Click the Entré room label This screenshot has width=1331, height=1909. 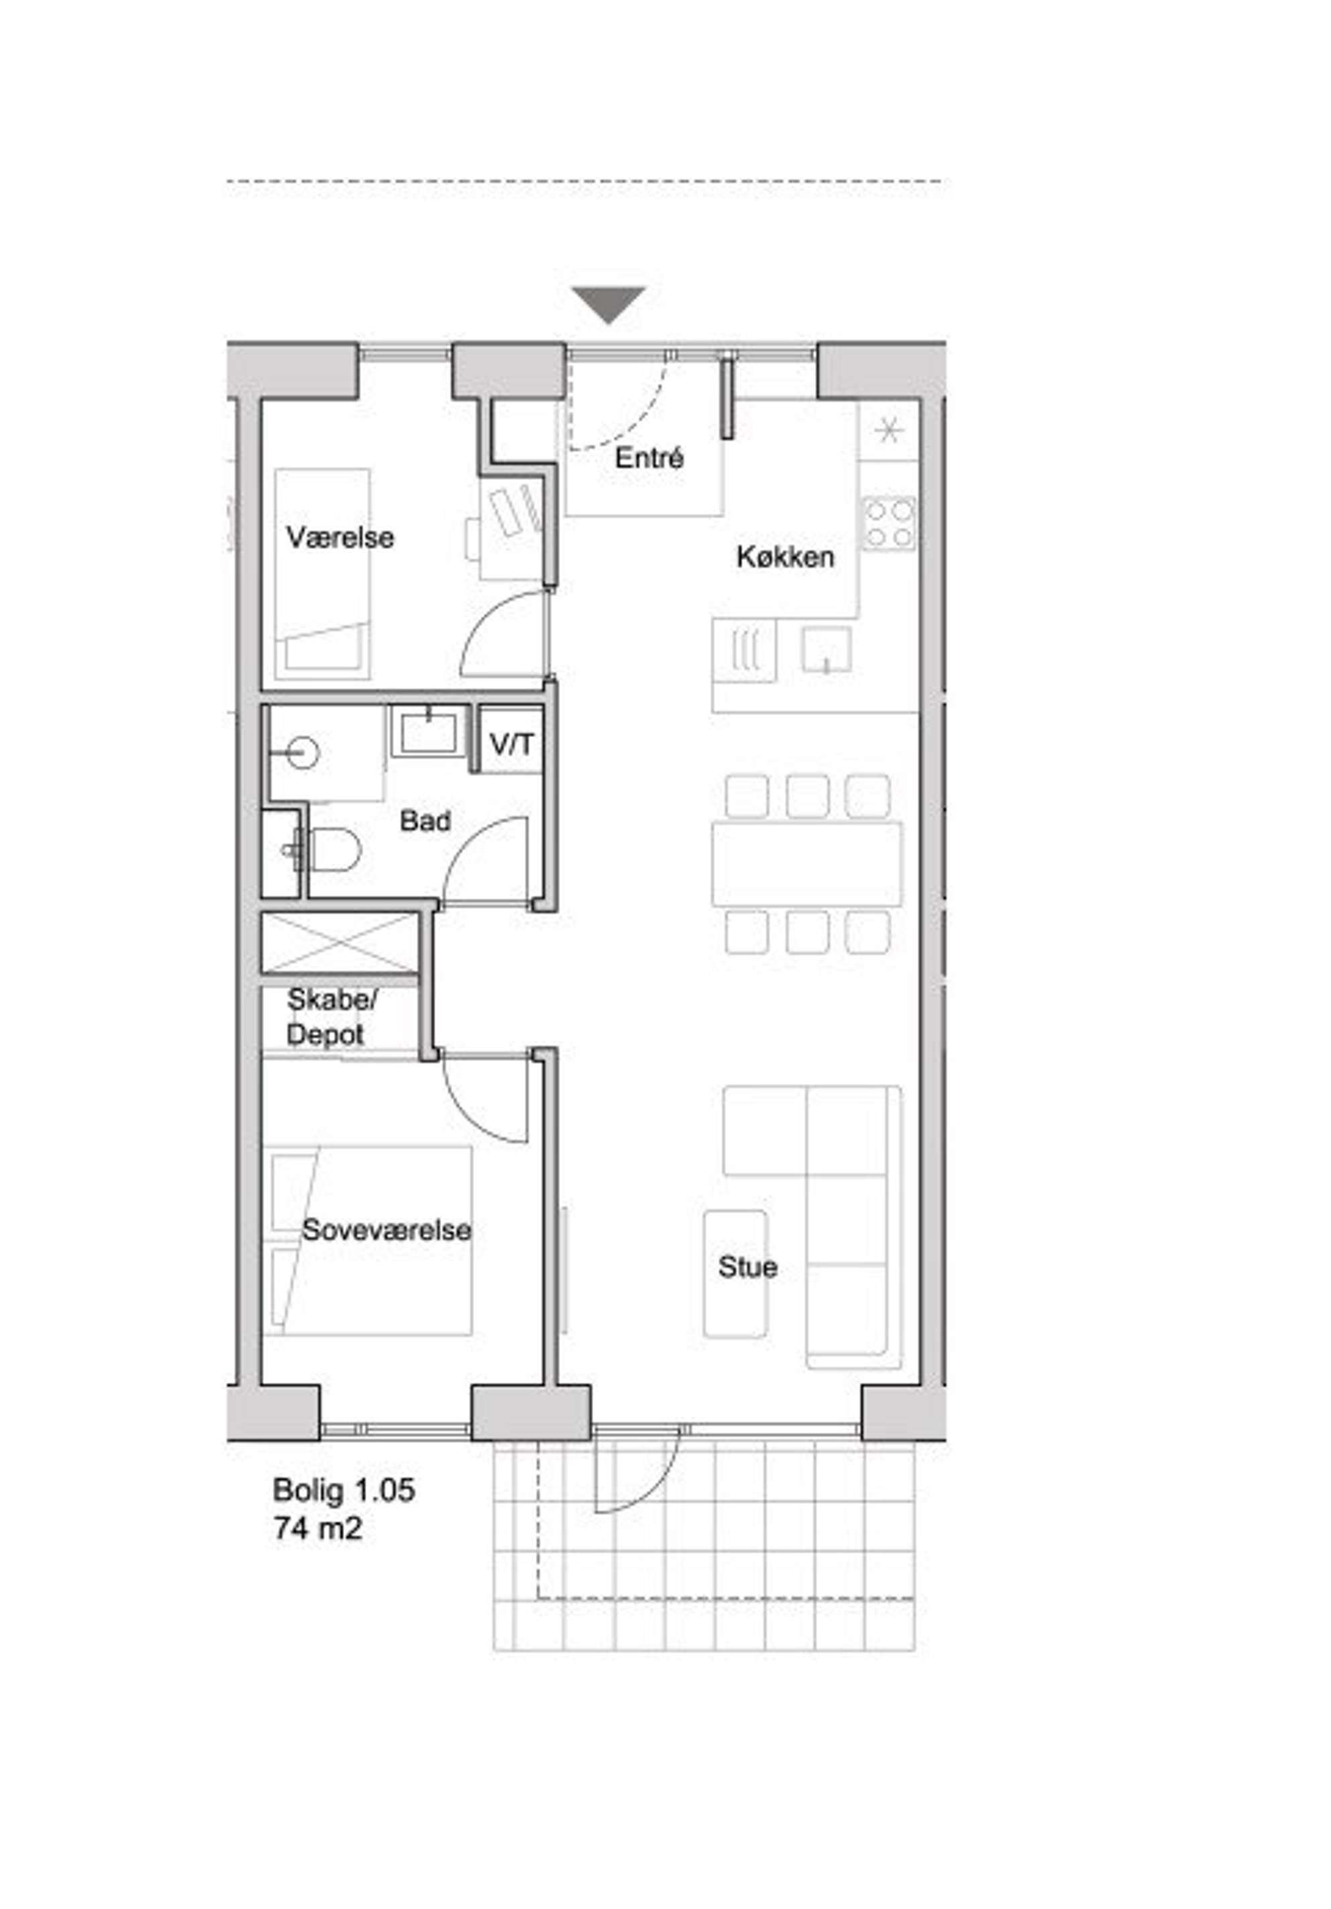tap(649, 458)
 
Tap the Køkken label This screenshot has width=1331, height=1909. tap(785, 557)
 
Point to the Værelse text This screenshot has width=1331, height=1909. tap(340, 537)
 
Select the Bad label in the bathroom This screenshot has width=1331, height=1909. tap(425, 822)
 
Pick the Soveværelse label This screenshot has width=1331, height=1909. tap(386, 1230)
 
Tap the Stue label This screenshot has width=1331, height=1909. tap(747, 1267)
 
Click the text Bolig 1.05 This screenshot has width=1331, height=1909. tap(343, 1490)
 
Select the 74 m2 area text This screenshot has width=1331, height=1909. tap(317, 1528)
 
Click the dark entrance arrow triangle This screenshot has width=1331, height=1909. tap(608, 305)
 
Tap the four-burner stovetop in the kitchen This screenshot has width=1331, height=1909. tap(889, 524)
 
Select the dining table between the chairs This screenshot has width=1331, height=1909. tap(806, 864)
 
